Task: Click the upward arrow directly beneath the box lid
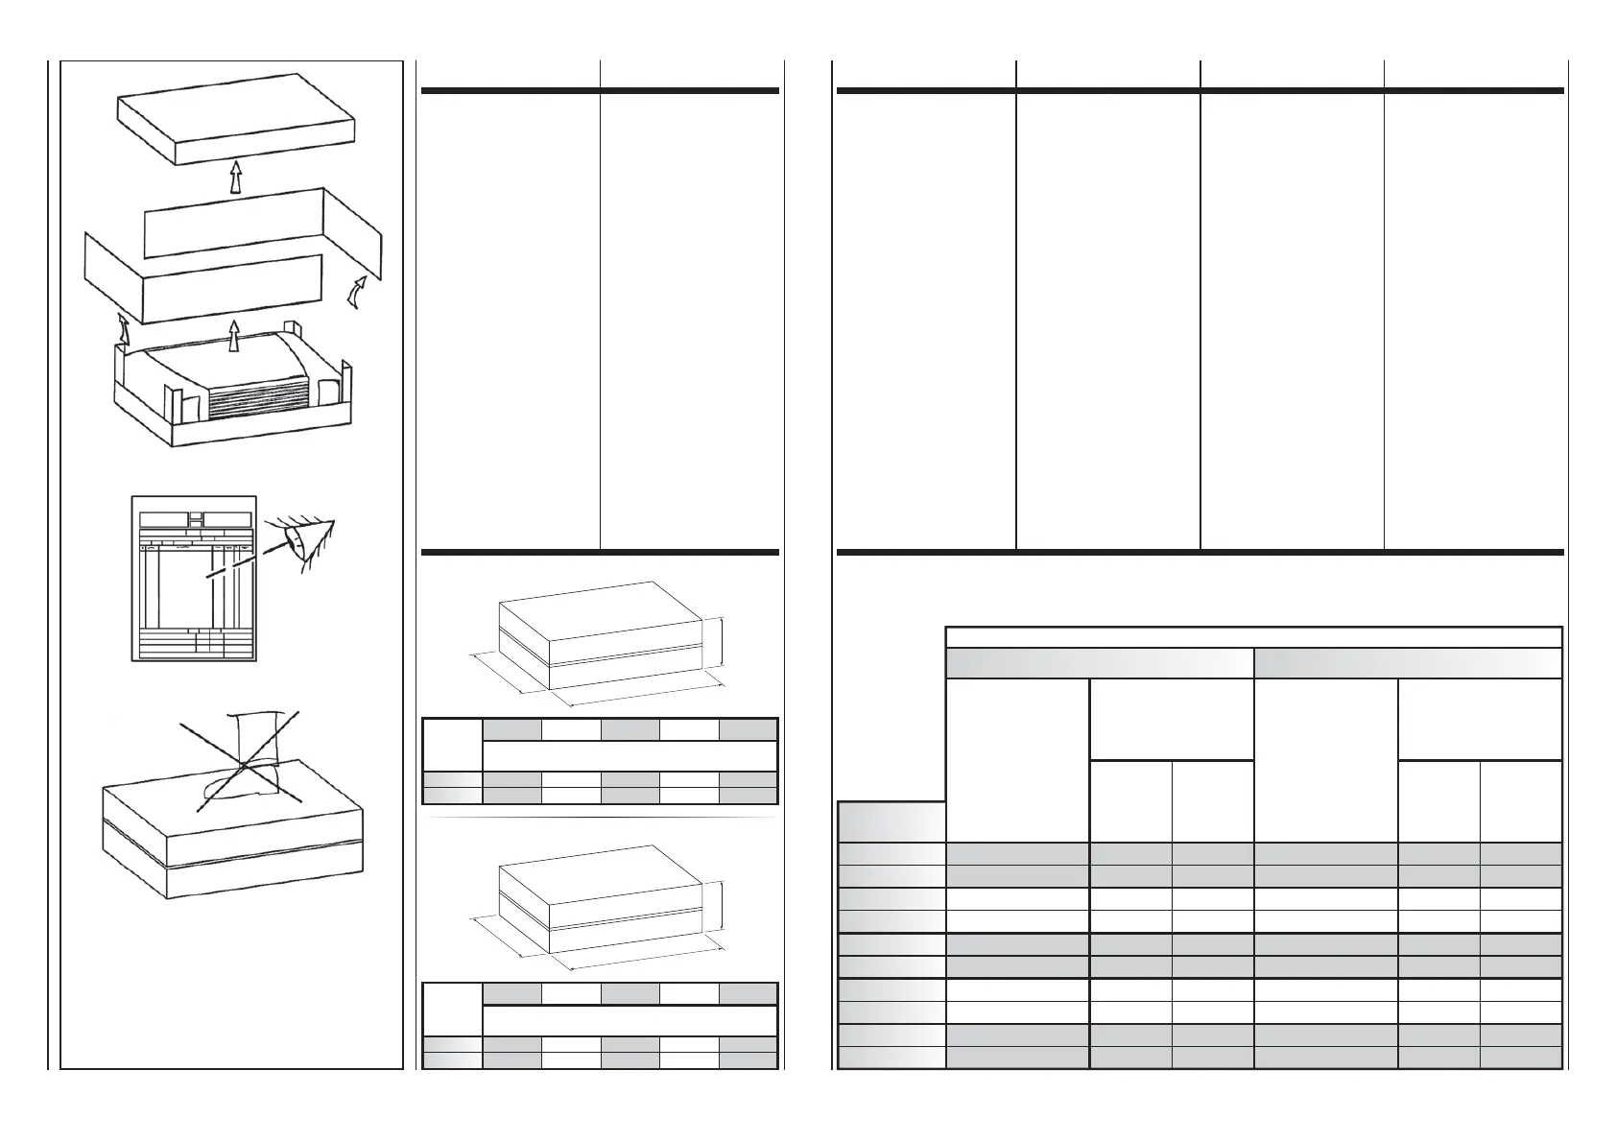[233, 176]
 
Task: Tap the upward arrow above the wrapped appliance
[233, 337]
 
